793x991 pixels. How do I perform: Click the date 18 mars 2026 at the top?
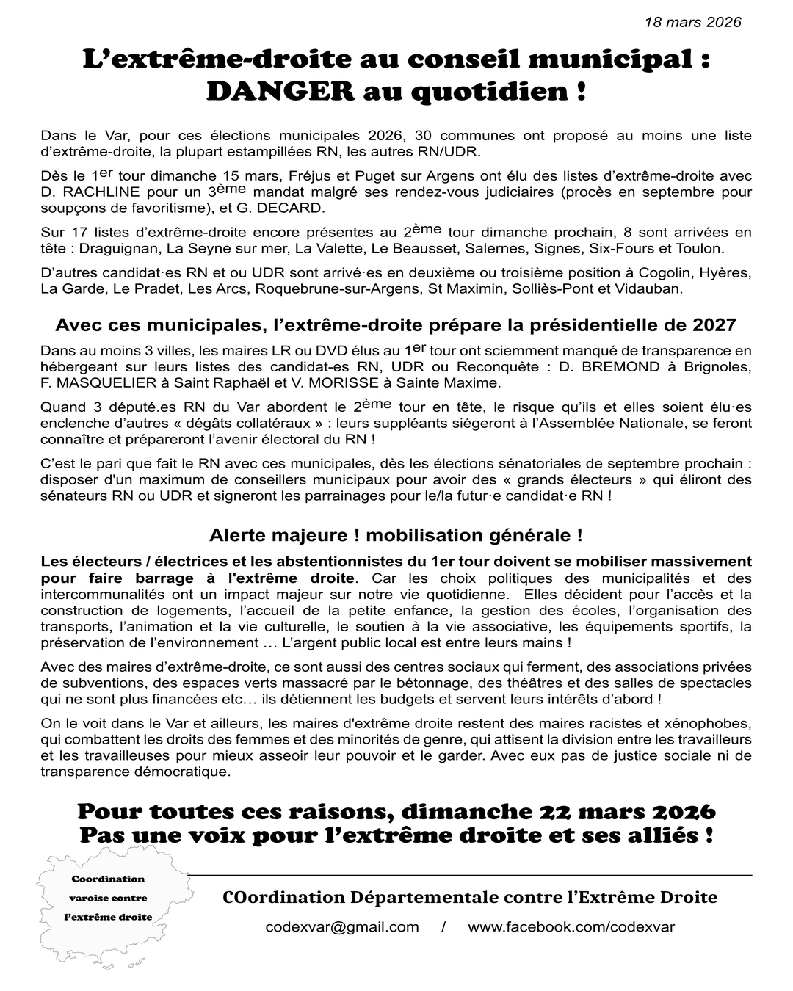pos(692,22)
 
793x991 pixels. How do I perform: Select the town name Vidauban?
pos(652,288)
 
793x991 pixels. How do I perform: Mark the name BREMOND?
pos(622,367)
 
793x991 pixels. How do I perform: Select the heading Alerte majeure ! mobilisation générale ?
pos(396,535)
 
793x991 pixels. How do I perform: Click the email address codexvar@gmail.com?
pos(342,927)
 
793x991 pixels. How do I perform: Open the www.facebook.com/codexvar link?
pos(571,927)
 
